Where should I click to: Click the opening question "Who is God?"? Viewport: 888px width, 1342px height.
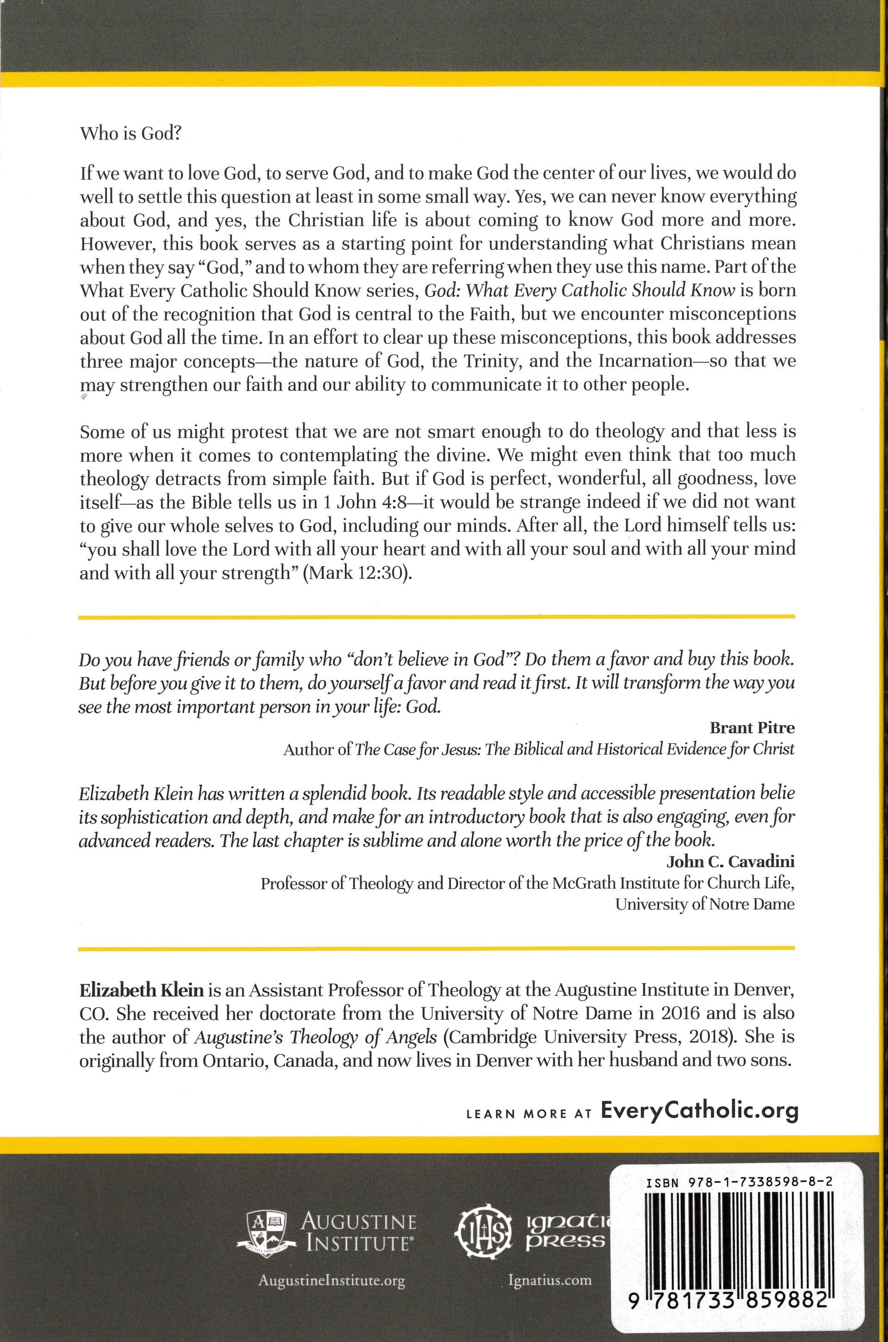tap(129, 134)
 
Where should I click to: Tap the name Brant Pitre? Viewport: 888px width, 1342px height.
tap(752, 727)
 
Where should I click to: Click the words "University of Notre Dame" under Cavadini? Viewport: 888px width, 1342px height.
tap(704, 904)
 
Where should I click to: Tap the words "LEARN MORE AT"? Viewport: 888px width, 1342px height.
tap(528, 1113)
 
